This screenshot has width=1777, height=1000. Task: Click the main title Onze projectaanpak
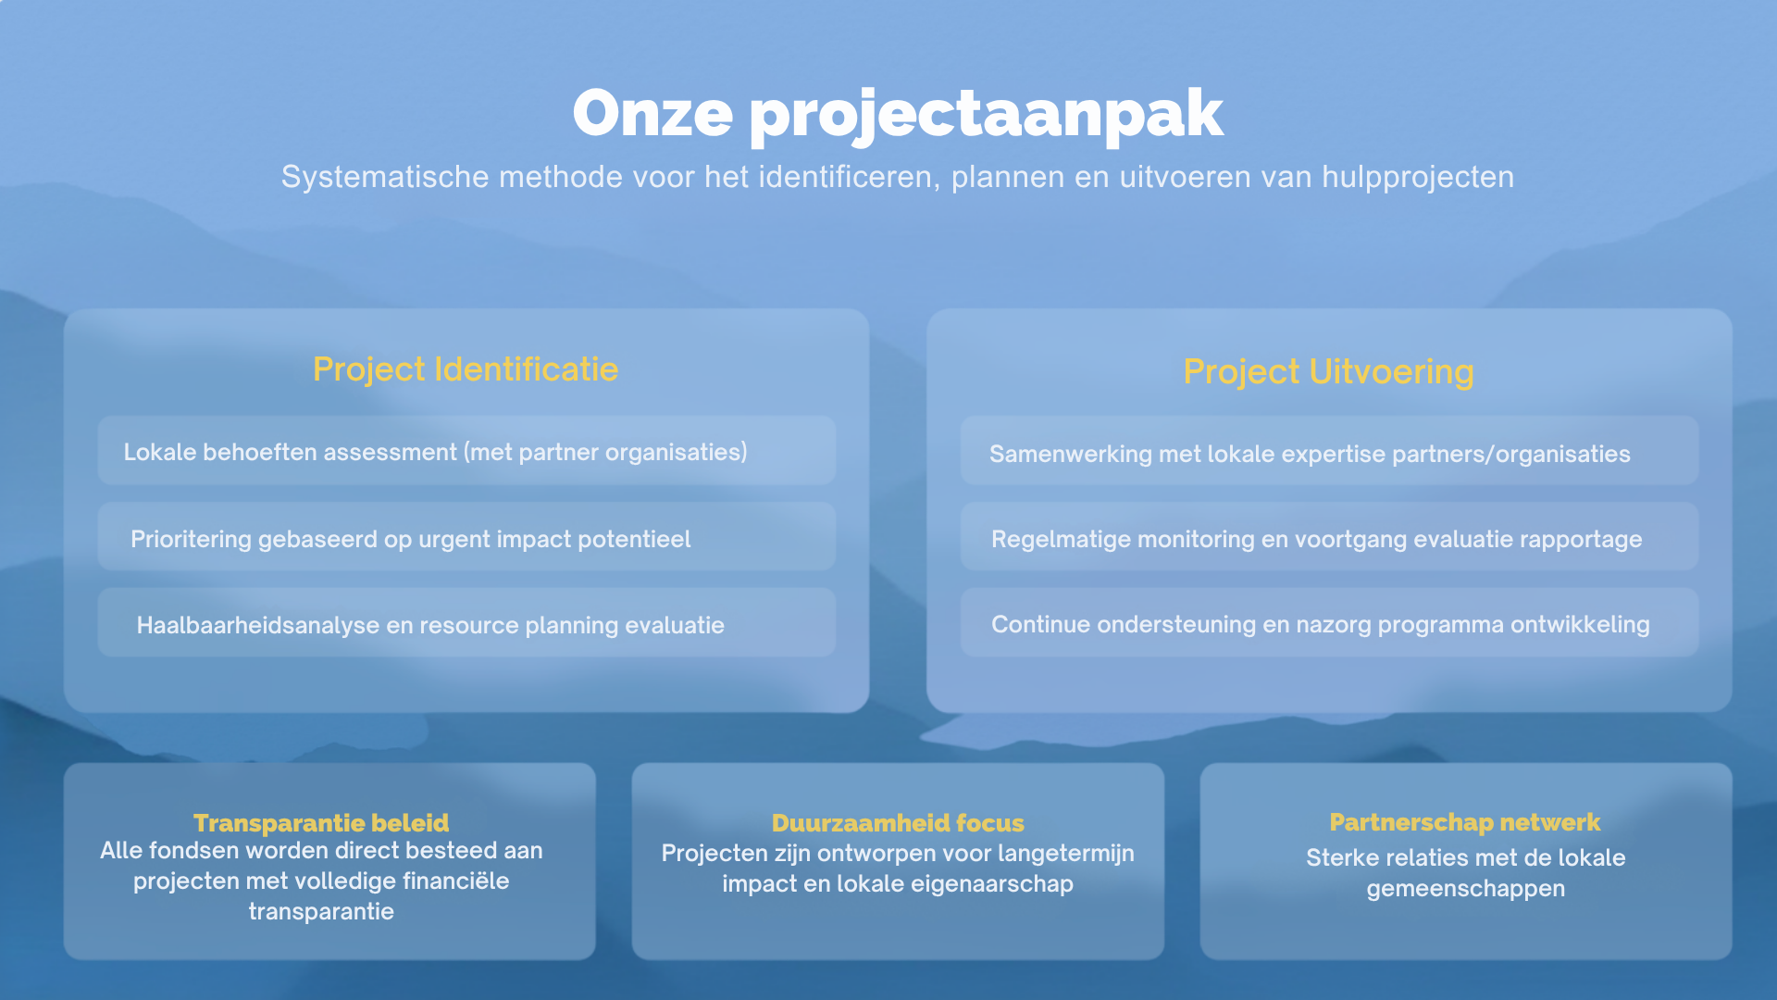(898, 114)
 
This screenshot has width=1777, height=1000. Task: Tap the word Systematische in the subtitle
(385, 176)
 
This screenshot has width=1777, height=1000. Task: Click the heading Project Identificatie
(466, 369)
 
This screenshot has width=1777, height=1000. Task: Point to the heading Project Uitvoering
(1329, 371)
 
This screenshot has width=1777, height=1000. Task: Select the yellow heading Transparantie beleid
(321, 822)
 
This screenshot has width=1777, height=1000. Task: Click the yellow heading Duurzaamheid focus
(898, 822)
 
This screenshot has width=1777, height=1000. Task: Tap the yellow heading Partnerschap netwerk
(1465, 822)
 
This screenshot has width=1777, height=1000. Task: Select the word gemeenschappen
(1466, 889)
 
